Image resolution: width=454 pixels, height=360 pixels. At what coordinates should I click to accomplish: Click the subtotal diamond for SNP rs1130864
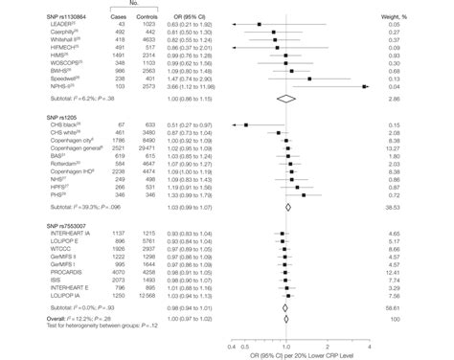[286, 99]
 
